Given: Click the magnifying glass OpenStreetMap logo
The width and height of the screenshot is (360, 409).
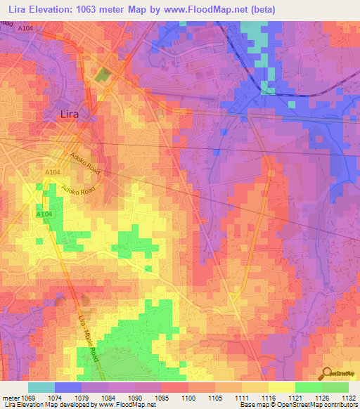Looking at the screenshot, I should click(327, 372).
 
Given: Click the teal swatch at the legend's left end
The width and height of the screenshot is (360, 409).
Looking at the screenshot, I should click(41, 387).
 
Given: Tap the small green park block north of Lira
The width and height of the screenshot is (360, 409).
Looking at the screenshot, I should click(103, 75).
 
